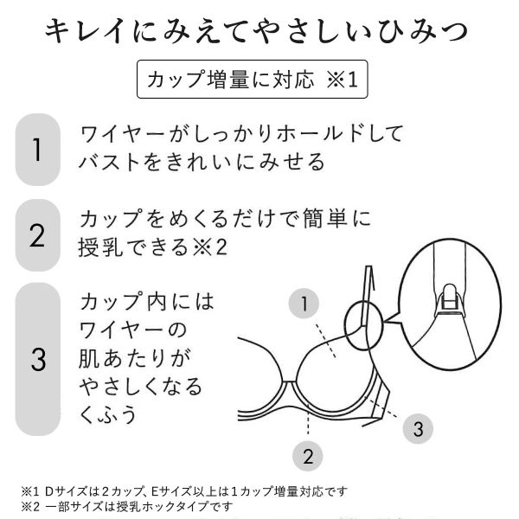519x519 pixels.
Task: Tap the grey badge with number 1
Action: pos(37,149)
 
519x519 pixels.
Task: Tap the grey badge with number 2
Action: pos(37,234)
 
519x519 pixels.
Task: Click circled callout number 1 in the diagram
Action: pos(304,304)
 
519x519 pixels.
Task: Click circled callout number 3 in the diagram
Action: pos(417,427)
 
